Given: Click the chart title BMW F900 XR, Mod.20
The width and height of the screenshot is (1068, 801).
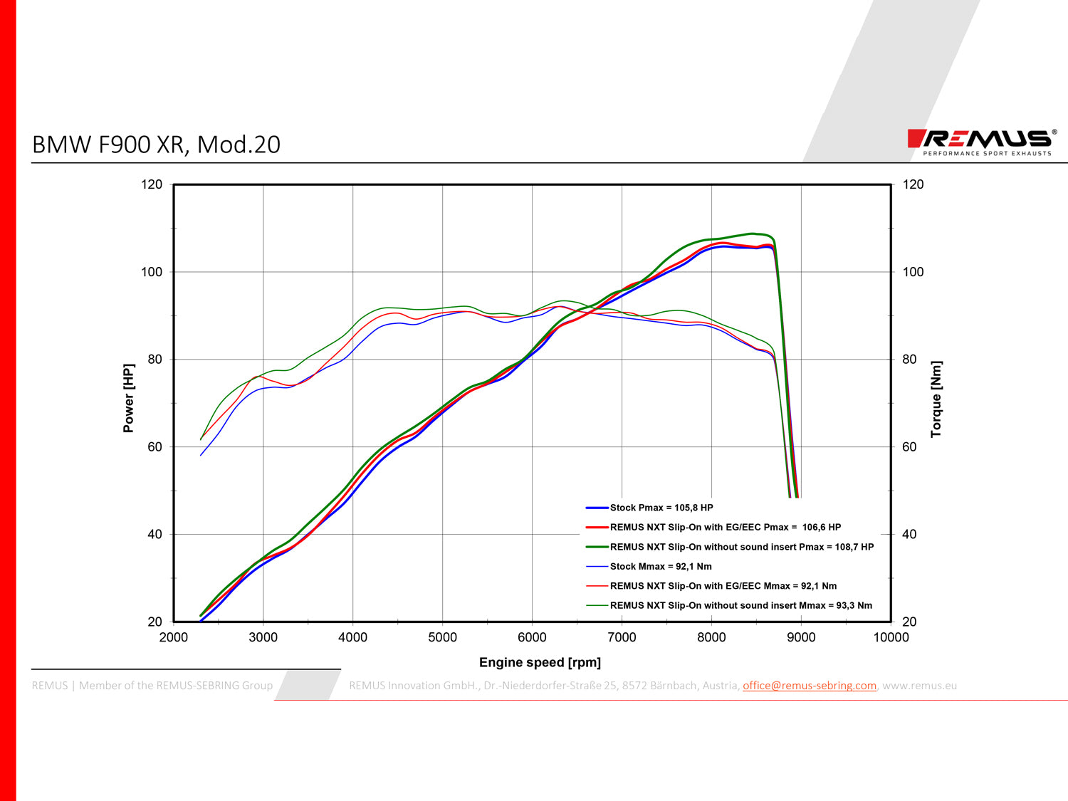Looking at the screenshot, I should pyautogui.click(x=157, y=145).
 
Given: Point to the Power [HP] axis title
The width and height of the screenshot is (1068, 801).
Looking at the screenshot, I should pyautogui.click(x=128, y=398).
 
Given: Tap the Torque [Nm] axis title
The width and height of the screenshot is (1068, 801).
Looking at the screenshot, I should pyautogui.click(x=936, y=399).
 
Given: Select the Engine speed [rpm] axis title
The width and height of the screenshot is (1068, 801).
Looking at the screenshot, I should pyautogui.click(x=540, y=662).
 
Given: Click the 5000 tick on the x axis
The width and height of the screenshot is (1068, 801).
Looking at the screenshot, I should pyautogui.click(x=442, y=637).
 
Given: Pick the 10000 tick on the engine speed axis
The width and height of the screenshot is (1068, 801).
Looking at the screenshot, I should pyautogui.click(x=891, y=637).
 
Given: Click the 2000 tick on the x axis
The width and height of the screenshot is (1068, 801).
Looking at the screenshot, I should pyautogui.click(x=174, y=637).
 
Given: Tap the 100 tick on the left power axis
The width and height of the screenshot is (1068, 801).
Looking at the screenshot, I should pyautogui.click(x=152, y=272).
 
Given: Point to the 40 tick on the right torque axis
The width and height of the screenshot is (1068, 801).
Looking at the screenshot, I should pyautogui.click(x=909, y=534).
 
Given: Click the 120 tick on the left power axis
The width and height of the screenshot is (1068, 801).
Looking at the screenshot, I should pyautogui.click(x=152, y=184).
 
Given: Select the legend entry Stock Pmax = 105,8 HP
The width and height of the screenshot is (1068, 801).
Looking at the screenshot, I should pyautogui.click(x=661, y=508).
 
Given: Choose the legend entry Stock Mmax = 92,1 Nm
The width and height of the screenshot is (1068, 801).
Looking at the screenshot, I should pyautogui.click(x=660, y=567).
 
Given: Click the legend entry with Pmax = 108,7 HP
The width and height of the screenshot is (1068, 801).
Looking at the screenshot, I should pyautogui.click(x=741, y=547).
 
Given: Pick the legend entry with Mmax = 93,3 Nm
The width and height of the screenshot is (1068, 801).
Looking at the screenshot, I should pyautogui.click(x=740, y=605).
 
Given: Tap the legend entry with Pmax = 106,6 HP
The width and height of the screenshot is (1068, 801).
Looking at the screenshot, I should pyautogui.click(x=725, y=528).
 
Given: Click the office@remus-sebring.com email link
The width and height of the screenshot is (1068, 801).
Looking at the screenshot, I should pyautogui.click(x=809, y=686).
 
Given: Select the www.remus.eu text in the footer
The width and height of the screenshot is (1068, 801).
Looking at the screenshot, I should pyautogui.click(x=919, y=686).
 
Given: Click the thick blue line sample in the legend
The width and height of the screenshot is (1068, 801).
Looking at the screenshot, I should pyautogui.click(x=597, y=508).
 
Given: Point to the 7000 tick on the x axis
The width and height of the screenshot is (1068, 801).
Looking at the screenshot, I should pyautogui.click(x=622, y=637).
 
